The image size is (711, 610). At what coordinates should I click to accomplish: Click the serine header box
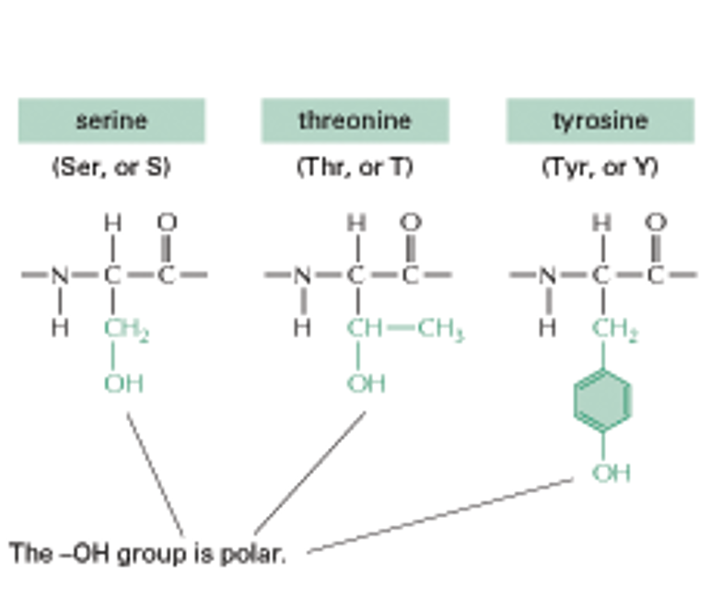coord(111,121)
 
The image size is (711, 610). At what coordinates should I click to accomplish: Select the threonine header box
coord(355,121)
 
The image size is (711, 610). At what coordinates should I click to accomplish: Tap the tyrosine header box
coord(600,121)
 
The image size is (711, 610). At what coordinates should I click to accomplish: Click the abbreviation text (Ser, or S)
coord(111,169)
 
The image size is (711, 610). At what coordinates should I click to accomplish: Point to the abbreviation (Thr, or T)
coord(355,169)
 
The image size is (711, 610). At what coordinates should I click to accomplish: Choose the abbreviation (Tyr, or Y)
coord(600,169)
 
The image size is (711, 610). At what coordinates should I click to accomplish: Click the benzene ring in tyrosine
coord(602,401)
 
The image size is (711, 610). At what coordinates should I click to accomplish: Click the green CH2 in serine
coord(127,328)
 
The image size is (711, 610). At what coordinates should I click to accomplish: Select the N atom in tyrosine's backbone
coord(547,275)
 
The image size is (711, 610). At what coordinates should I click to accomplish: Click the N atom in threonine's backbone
coord(303,275)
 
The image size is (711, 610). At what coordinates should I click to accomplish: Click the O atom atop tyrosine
coord(656,222)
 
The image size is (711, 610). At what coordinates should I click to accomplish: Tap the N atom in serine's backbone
coord(60,275)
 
